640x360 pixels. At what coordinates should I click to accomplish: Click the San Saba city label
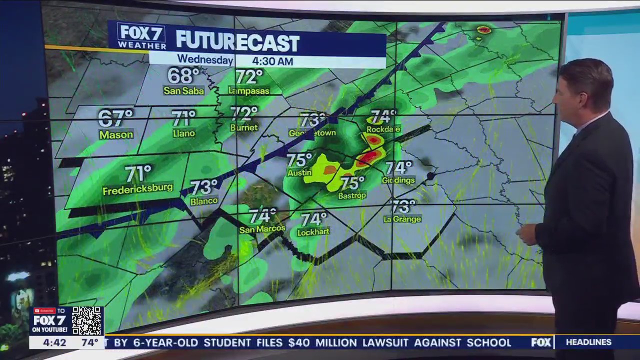click(x=183, y=91)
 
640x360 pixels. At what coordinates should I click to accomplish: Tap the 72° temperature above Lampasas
click(x=249, y=77)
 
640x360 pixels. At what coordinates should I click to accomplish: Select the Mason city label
click(x=116, y=134)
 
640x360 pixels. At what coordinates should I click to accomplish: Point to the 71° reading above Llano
click(x=183, y=118)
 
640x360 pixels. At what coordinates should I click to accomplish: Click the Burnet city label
click(x=244, y=127)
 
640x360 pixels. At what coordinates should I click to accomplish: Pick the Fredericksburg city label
click(x=137, y=190)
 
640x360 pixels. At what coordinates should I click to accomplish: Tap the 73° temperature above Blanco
click(x=204, y=187)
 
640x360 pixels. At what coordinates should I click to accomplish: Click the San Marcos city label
click(x=262, y=229)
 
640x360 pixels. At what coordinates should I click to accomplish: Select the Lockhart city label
click(x=313, y=232)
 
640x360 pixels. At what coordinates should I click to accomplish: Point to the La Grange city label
click(x=402, y=219)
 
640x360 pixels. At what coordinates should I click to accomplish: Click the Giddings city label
click(x=398, y=180)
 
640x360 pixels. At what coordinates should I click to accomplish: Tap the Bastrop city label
click(x=352, y=195)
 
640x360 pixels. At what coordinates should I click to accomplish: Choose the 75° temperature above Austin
click(x=299, y=160)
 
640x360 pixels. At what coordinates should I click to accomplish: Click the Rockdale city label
click(x=383, y=129)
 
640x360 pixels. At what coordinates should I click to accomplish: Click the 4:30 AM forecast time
click(x=272, y=61)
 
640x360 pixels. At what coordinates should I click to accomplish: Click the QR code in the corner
click(x=87, y=321)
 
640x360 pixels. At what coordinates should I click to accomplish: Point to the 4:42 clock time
click(x=54, y=342)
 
